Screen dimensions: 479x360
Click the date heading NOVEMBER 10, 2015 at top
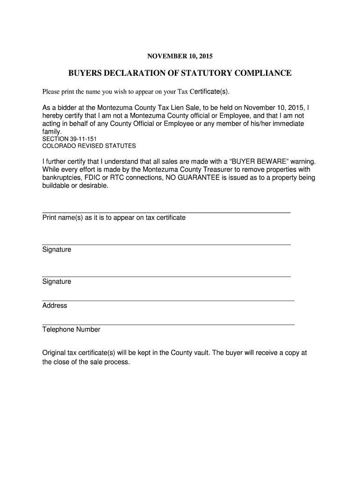coord(180,57)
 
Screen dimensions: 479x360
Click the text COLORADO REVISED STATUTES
coord(89,146)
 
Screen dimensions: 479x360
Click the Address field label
coord(55,305)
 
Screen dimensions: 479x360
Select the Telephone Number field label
coord(71,329)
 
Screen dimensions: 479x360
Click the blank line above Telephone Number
coord(168,324)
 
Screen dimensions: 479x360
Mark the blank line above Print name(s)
coord(166,212)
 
